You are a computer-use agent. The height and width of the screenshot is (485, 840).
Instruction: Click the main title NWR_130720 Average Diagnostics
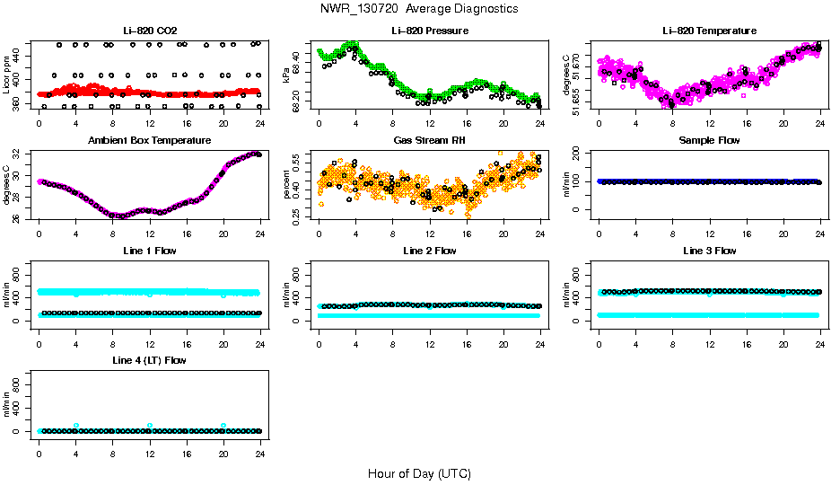click(x=419, y=9)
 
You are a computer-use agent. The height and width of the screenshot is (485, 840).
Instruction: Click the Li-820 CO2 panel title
click(x=149, y=31)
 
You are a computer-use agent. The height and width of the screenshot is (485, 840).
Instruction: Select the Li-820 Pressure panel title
click(x=429, y=31)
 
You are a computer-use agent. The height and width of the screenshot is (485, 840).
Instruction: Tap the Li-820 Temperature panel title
click(x=709, y=31)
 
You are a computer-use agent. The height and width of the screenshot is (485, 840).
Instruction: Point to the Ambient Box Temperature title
click(x=149, y=141)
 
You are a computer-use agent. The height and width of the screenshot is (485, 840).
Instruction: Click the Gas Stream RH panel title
click(x=429, y=141)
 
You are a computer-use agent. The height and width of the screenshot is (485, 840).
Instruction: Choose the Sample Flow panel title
click(x=709, y=141)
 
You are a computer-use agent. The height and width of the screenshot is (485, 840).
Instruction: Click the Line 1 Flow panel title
click(x=149, y=251)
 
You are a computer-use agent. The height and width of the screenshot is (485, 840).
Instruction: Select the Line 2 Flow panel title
click(x=429, y=251)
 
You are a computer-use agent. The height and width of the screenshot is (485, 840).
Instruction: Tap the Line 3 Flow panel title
click(x=709, y=251)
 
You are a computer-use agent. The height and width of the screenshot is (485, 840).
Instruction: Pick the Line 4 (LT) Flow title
click(x=149, y=360)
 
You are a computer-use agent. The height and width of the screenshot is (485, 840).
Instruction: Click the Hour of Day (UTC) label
click(x=419, y=473)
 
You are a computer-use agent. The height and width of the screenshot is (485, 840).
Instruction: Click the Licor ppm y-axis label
click(x=7, y=75)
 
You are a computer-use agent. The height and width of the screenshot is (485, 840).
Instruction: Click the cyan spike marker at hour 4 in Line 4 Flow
click(x=76, y=426)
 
